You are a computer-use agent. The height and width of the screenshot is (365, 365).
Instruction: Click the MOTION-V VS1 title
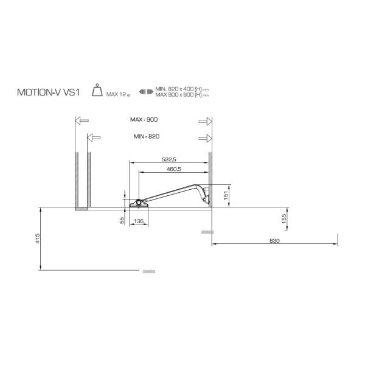coord(49,92)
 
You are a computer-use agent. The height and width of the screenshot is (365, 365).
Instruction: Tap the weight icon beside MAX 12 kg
coord(97,90)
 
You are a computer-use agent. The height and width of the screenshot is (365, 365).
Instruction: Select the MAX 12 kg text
coord(118,94)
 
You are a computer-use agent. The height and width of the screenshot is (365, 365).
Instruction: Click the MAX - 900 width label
coord(144,120)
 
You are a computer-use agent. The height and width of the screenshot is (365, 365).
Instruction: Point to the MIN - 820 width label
coord(147,136)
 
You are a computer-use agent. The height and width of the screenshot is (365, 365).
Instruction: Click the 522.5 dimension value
coord(169,159)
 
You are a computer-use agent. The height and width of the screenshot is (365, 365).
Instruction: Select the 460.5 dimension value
coord(173,169)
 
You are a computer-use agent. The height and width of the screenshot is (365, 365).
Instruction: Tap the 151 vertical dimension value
coord(226,195)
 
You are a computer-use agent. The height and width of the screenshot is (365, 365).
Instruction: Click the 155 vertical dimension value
coord(284,219)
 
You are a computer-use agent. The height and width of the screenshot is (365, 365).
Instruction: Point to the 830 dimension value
coord(274,241)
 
